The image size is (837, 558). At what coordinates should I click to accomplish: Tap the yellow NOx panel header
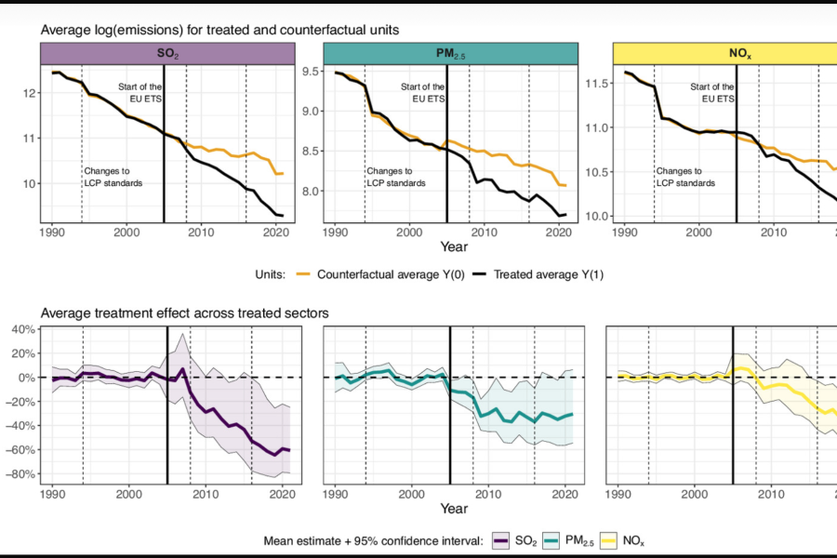tap(725, 54)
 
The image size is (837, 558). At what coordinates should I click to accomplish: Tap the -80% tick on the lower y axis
tap(22, 474)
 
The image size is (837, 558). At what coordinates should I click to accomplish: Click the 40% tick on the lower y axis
tap(22, 329)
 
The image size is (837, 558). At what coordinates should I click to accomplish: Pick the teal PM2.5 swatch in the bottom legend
tap(562, 540)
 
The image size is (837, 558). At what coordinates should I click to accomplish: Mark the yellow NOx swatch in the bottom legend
tap(630, 540)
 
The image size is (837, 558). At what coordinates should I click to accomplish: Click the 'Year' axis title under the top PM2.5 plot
tap(454, 248)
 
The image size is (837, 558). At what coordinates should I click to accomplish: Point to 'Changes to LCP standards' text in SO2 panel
tap(113, 177)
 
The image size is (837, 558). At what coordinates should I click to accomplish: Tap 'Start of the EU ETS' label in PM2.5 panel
tap(422, 92)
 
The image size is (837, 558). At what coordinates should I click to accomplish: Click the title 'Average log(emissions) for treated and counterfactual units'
tap(219, 30)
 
